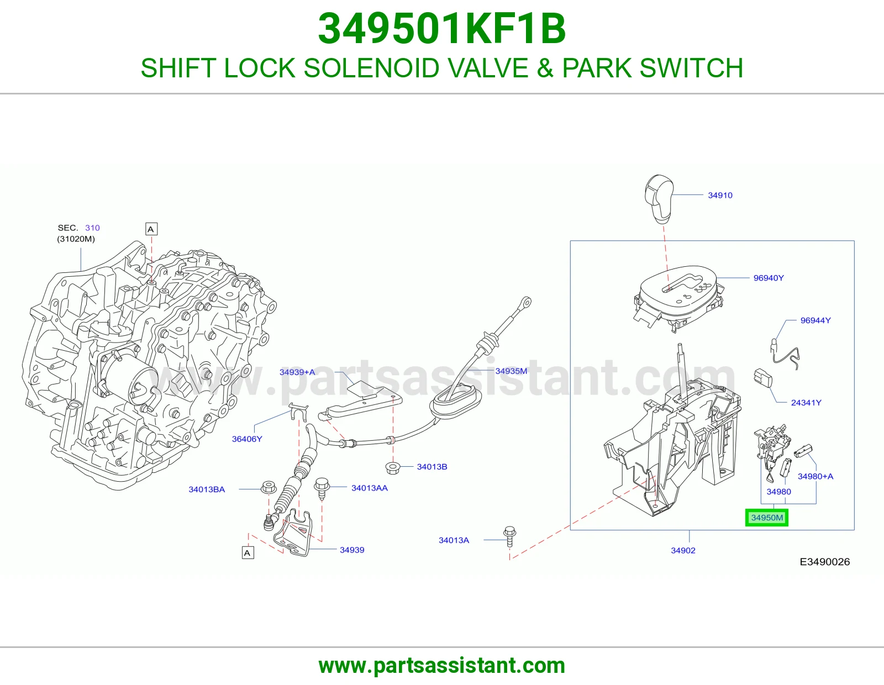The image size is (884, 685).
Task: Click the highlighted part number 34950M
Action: (x=767, y=518)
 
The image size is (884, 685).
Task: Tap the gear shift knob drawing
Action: (x=659, y=199)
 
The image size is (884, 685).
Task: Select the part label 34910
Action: (x=720, y=195)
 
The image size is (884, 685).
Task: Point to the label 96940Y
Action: (x=769, y=278)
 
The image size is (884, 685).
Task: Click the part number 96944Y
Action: (x=815, y=320)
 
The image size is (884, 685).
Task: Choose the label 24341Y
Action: (x=806, y=403)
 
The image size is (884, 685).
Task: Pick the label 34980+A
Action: (x=815, y=476)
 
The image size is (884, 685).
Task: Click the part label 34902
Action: (x=683, y=550)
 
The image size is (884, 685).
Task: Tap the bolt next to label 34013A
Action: (x=510, y=537)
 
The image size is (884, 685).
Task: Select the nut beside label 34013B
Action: (x=392, y=468)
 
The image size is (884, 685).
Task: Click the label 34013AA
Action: (x=370, y=488)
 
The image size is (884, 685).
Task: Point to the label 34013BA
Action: (x=207, y=489)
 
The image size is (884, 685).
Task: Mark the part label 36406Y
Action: (x=247, y=439)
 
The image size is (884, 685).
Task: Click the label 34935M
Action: (x=511, y=371)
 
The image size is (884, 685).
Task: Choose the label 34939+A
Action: (x=297, y=372)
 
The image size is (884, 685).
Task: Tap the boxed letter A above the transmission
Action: (x=151, y=229)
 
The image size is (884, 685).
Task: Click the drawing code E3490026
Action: (x=824, y=562)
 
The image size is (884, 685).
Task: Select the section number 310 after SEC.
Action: (x=92, y=228)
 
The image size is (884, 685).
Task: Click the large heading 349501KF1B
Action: (x=442, y=29)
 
